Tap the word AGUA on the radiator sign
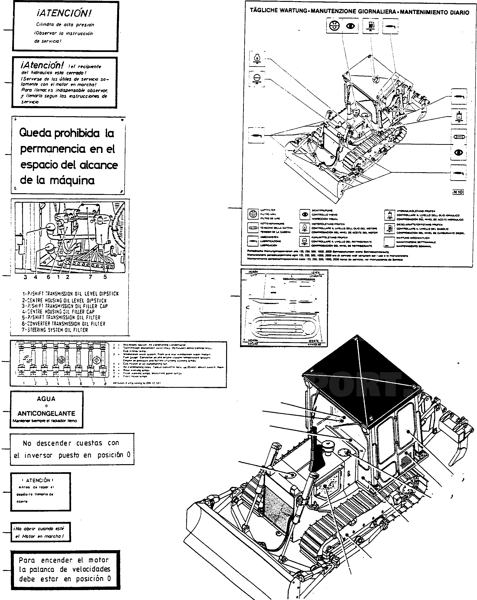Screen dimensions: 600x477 point(46,399)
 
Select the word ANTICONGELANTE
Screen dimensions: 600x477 point(47,414)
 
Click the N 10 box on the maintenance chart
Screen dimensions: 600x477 point(458,192)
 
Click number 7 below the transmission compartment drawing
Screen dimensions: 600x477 point(90,277)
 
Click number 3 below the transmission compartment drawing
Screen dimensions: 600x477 point(25,277)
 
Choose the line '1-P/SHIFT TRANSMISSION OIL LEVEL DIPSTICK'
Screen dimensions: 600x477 point(70,294)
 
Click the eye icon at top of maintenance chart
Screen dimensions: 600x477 point(350,26)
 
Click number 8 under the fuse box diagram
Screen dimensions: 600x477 point(105,383)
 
